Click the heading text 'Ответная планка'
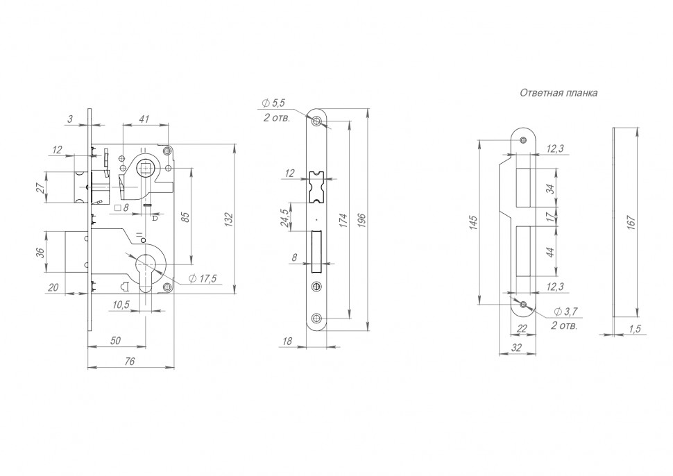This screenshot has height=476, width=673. pyautogui.click(x=559, y=93)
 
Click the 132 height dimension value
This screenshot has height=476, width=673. pyautogui.click(x=229, y=220)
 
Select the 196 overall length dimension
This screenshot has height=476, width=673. pyautogui.click(x=361, y=220)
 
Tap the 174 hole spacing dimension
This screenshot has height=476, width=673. pyautogui.click(x=343, y=220)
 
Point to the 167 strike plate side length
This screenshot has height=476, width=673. pyautogui.click(x=631, y=222)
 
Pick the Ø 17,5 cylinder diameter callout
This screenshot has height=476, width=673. pyautogui.click(x=203, y=279)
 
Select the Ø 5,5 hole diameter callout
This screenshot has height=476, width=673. pyautogui.click(x=273, y=103)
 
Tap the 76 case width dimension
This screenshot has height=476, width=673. pyautogui.click(x=129, y=362)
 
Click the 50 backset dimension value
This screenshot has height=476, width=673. pyautogui.click(x=115, y=341)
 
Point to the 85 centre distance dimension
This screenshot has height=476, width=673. pyautogui.click(x=185, y=216)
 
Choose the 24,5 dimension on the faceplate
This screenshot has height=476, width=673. pyautogui.click(x=284, y=216)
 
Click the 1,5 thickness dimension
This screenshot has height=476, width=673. pyautogui.click(x=634, y=329)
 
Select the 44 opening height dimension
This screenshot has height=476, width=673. pyautogui.click(x=551, y=251)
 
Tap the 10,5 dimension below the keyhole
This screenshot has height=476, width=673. pyautogui.click(x=121, y=305)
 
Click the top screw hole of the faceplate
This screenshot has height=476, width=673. pyautogui.click(x=317, y=121)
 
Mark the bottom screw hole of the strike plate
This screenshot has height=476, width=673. pyautogui.click(x=522, y=305)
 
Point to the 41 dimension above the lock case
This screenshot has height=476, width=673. pyautogui.click(x=144, y=119)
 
